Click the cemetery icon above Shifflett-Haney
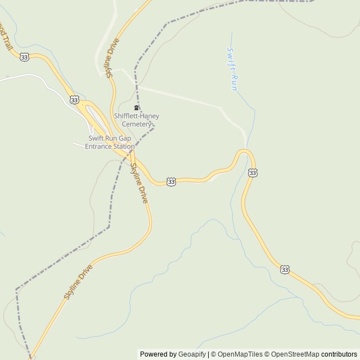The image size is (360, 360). (x=136, y=107)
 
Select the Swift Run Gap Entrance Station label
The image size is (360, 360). (x=110, y=142)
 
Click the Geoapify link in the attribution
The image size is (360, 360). (x=192, y=354)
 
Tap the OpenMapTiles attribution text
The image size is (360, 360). (x=240, y=354)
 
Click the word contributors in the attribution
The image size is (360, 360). (x=339, y=354)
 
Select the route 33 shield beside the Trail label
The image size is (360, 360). (x=24, y=57)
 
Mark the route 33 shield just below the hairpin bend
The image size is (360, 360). (x=253, y=173)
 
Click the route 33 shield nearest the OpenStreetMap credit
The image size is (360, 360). (x=285, y=270)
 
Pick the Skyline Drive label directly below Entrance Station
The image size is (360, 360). (x=139, y=183)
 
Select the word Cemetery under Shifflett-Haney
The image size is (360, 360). (x=137, y=124)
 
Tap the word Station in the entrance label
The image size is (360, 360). (x=123, y=146)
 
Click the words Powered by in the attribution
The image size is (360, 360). (x=158, y=354)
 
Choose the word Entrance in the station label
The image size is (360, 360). (x=98, y=146)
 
